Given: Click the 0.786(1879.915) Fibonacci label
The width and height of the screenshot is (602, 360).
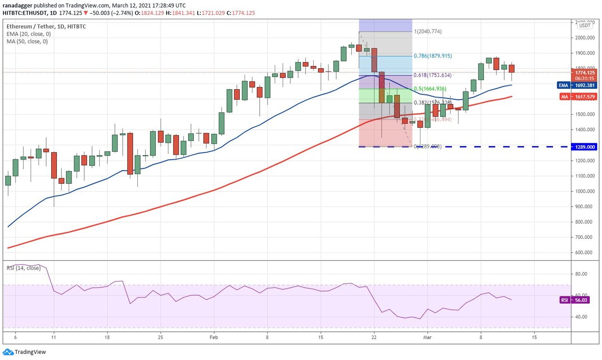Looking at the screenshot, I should [x=433, y=56].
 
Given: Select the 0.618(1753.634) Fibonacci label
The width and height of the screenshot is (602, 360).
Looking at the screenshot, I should [x=433, y=75].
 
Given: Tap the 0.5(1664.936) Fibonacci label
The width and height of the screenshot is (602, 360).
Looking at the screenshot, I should [x=429, y=89].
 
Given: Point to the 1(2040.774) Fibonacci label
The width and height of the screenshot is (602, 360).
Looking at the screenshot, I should [x=428, y=31].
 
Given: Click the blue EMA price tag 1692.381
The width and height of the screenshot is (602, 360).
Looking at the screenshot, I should [x=584, y=86].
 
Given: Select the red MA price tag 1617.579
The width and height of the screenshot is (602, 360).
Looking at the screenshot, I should [x=584, y=97].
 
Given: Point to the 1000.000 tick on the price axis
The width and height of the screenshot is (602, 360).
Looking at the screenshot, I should [x=584, y=191].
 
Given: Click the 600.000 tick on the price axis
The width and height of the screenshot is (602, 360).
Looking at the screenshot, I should [x=584, y=252].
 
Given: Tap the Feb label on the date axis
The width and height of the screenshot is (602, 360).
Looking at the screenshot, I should [x=214, y=337].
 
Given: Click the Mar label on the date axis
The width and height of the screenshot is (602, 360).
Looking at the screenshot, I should [x=427, y=337].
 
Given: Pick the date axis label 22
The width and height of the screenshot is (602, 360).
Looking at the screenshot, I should [x=374, y=337].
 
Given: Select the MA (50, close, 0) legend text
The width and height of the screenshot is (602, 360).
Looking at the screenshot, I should [x=27, y=41].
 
